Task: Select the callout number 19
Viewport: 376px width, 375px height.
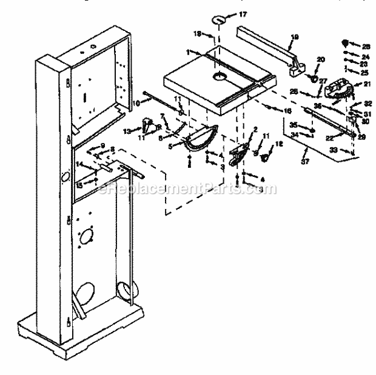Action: pyautogui.click(x=294, y=37)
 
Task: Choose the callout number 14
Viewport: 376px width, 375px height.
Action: pyautogui.click(x=79, y=165)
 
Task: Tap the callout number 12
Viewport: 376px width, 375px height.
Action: pyautogui.click(x=280, y=144)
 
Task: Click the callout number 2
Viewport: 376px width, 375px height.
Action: pyautogui.click(x=255, y=129)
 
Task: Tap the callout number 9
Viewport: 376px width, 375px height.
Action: pyautogui.click(x=102, y=145)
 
